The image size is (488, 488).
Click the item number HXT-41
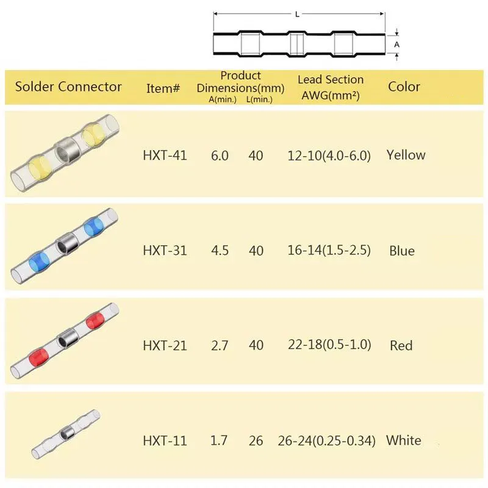pos(165,156)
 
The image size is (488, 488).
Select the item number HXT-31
pos(165,251)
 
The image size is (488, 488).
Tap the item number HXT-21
pos(165,345)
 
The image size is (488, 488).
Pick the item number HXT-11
pos(165,440)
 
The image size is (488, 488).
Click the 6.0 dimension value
pos(220,156)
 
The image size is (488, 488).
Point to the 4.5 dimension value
pos(220,251)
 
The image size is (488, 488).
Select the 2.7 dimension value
pos(220,345)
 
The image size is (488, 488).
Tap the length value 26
pos(256,440)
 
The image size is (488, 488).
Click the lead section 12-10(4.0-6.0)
pos(329,156)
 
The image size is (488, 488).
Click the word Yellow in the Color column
pos(406,155)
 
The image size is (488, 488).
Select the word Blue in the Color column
pos(402,251)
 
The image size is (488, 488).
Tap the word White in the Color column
pos(403,440)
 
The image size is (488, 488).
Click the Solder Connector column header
pos(68,87)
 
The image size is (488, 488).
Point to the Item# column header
pos(163,88)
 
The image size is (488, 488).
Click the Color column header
pos(404,87)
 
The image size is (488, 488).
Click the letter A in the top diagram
pos(396,45)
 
